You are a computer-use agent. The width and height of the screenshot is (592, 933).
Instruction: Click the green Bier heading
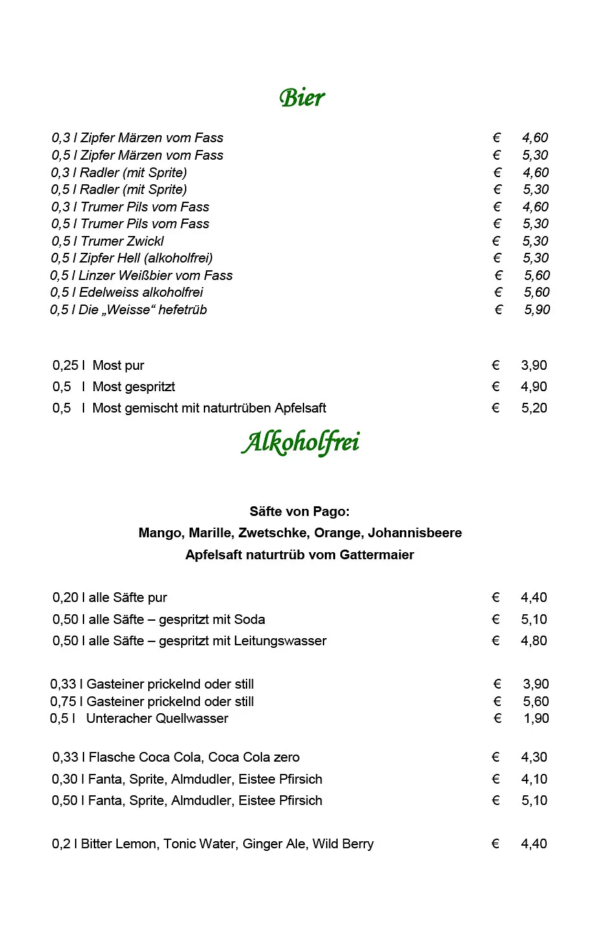click(x=302, y=98)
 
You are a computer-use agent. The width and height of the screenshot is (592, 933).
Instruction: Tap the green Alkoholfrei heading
click(x=301, y=443)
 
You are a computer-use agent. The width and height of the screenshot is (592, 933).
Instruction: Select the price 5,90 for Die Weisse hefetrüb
click(x=537, y=310)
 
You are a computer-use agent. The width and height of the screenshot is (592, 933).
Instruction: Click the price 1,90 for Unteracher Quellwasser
click(x=536, y=718)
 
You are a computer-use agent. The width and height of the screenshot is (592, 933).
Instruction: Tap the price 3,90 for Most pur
click(x=534, y=365)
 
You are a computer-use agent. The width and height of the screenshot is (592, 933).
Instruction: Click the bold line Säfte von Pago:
click(x=300, y=511)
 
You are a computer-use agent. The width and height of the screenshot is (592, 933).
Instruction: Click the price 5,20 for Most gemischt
click(x=534, y=408)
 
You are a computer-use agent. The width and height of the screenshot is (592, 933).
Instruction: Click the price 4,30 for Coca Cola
click(x=534, y=757)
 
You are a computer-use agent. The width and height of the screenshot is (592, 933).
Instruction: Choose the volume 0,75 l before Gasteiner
click(x=65, y=702)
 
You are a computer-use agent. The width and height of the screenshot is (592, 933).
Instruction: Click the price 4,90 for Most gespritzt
click(x=534, y=387)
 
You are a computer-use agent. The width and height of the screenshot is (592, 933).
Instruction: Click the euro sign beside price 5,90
click(x=498, y=310)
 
